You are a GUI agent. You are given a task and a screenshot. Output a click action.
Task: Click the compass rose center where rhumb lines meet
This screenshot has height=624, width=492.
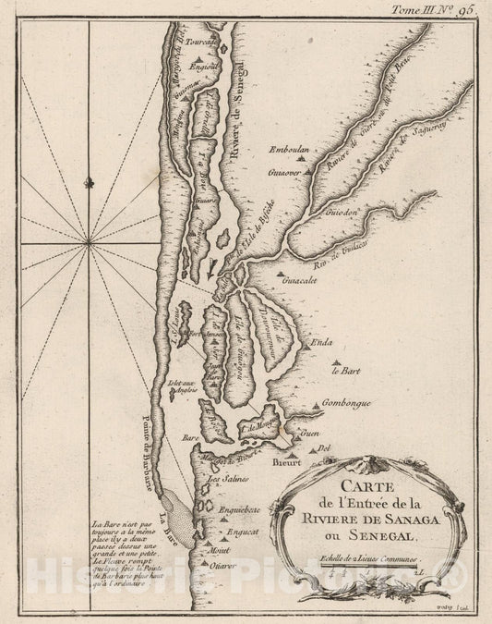click(90, 241)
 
